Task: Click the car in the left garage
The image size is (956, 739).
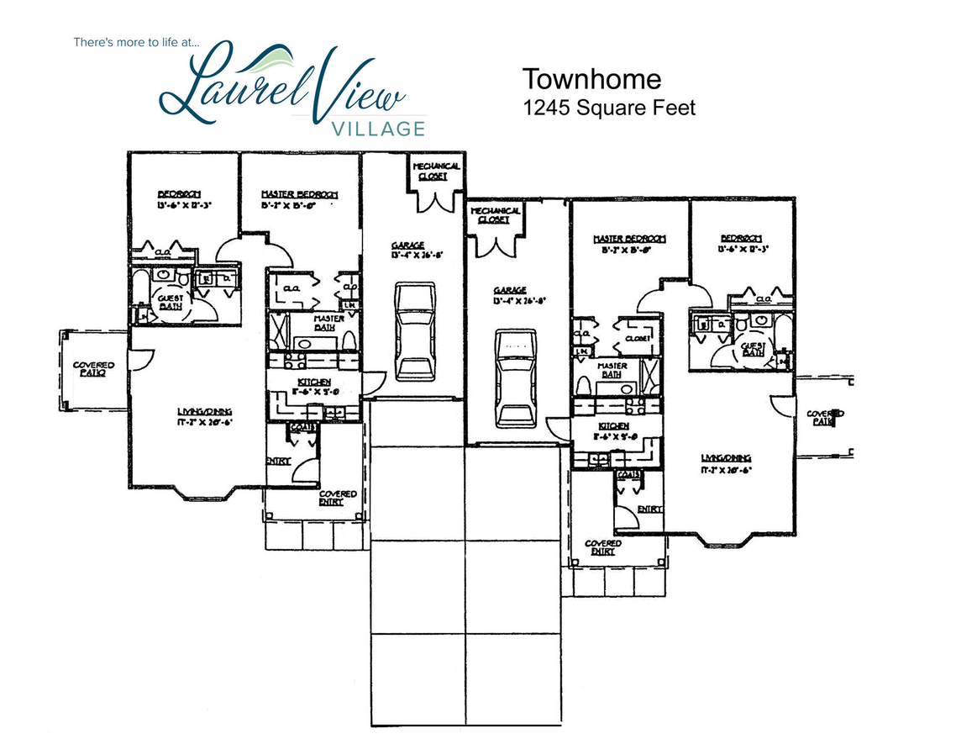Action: (x=416, y=332)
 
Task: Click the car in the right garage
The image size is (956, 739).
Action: (x=515, y=377)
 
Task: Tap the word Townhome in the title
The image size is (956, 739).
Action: (x=591, y=79)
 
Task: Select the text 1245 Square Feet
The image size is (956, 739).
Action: (x=609, y=108)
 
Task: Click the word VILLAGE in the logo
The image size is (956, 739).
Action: (x=377, y=129)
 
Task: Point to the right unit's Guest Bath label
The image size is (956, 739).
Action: (x=753, y=349)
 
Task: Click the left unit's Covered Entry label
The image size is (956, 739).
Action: (x=337, y=498)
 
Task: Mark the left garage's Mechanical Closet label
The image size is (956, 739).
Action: (x=436, y=172)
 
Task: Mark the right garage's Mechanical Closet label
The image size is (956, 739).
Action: (x=496, y=214)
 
